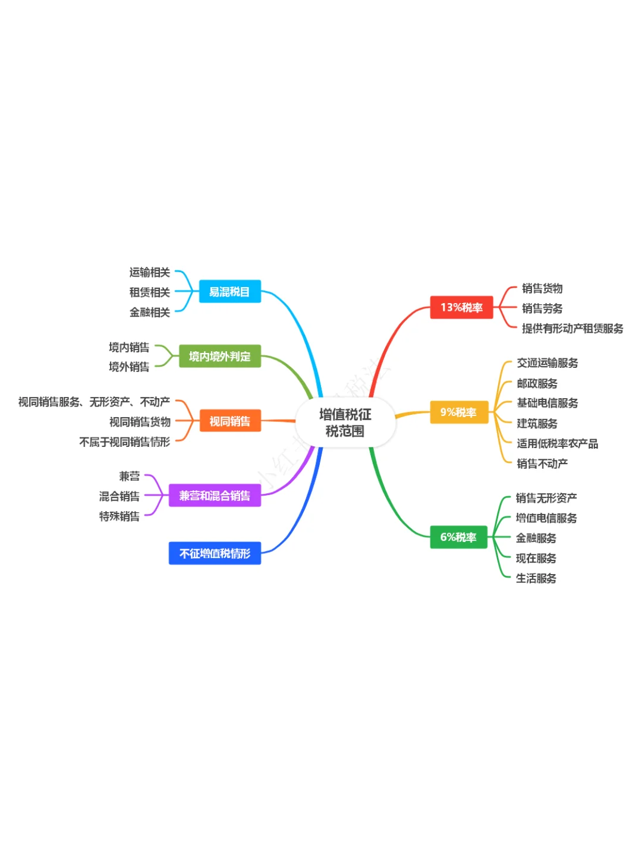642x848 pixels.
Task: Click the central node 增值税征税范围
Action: click(x=345, y=423)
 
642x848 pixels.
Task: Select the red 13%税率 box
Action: click(x=461, y=307)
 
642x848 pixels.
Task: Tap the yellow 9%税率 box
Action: click(x=458, y=412)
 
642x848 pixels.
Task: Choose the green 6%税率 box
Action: click(x=458, y=537)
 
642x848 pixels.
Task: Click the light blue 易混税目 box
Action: click(x=229, y=292)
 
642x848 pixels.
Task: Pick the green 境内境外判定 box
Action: click(x=220, y=357)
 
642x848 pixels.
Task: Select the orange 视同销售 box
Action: click(x=229, y=421)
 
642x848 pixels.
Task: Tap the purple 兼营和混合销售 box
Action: click(x=215, y=496)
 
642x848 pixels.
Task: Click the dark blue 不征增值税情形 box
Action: click(x=215, y=553)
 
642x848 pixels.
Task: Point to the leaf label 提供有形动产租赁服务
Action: click(x=572, y=329)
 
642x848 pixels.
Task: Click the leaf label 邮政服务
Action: click(x=537, y=383)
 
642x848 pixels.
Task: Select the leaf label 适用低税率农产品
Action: click(x=557, y=443)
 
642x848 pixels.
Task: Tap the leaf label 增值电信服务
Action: click(x=546, y=518)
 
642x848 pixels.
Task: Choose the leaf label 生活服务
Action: click(x=536, y=578)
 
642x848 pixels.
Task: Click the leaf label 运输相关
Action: click(x=150, y=272)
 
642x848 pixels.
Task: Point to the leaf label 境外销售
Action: click(x=129, y=367)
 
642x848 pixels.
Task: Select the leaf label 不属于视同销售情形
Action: click(x=125, y=442)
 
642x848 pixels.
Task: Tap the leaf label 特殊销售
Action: click(x=119, y=516)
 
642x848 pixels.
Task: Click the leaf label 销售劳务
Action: click(x=542, y=308)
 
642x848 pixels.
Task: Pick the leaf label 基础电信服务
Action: click(x=547, y=403)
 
